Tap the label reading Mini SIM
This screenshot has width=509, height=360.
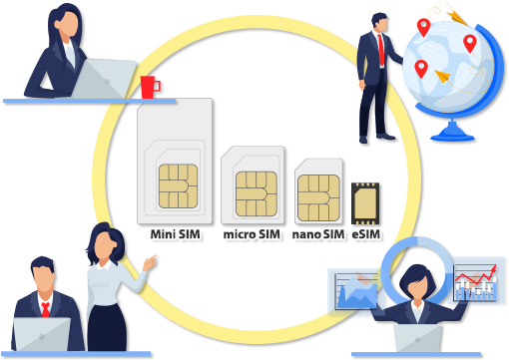click(x=176, y=235)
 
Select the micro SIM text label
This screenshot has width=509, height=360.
click(x=252, y=235)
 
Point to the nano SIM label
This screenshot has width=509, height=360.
click(x=317, y=235)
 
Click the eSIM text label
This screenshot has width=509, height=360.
click(x=366, y=235)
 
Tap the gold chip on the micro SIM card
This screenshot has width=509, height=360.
click(x=255, y=190)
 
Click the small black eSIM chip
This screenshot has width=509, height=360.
click(x=365, y=204)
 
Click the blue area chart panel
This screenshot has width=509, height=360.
click(x=357, y=292)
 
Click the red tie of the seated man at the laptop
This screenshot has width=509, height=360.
click(x=45, y=308)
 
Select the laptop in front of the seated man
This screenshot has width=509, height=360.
click(x=42, y=335)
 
